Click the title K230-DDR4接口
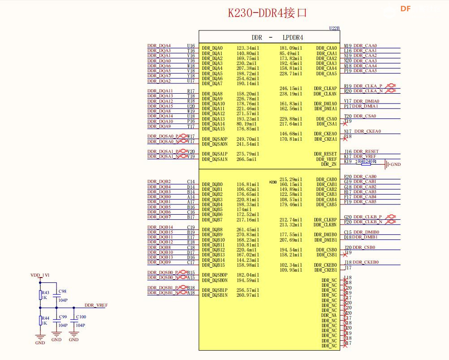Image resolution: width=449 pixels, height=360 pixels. click(268, 13)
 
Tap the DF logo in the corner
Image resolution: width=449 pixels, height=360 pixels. click(406, 9)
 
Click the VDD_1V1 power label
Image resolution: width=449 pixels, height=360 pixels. click(40, 275)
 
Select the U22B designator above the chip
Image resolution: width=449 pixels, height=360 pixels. click(334, 28)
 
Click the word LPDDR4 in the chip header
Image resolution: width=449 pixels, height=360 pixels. click(293, 38)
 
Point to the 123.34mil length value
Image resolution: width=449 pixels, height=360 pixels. click(248, 48)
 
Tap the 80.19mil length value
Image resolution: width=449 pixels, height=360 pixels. click(246, 124)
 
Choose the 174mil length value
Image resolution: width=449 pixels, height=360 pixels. click(244, 209)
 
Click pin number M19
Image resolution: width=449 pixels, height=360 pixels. click(348, 45)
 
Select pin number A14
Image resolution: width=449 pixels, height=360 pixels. click(191, 197)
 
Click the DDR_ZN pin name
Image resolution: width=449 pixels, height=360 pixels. click(328, 164)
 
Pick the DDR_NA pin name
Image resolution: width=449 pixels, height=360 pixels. click(328, 315)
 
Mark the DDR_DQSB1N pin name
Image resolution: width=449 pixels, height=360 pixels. click(215, 295)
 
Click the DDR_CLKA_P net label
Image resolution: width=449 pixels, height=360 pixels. click(368, 86)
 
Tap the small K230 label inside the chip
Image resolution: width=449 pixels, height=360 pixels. click(272, 182)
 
